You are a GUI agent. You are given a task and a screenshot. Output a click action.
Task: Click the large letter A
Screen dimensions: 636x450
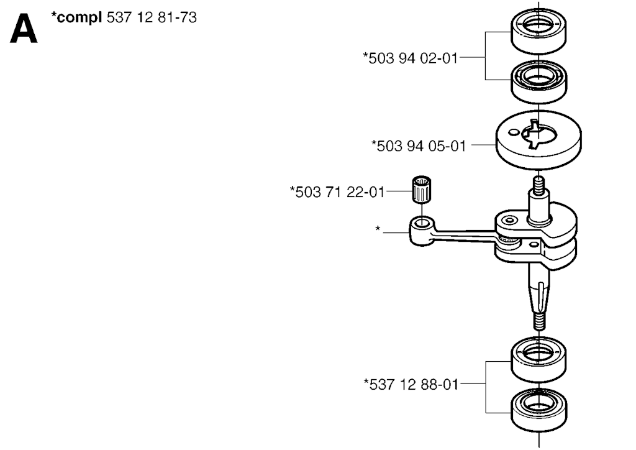(x=24, y=29)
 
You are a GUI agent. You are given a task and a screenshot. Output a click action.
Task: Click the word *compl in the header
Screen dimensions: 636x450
(x=76, y=18)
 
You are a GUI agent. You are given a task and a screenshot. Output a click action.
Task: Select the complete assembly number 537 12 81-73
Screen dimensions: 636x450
(x=152, y=17)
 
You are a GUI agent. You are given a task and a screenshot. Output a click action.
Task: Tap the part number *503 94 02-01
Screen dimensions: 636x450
(x=411, y=58)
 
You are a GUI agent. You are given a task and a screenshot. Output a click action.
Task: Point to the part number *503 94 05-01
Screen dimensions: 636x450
(x=419, y=145)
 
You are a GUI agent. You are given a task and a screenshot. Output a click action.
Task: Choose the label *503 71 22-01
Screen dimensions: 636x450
(x=337, y=191)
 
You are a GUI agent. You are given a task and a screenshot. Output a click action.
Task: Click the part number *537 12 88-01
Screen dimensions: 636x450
(x=411, y=384)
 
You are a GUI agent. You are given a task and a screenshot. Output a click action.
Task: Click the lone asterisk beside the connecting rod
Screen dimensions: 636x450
(x=378, y=229)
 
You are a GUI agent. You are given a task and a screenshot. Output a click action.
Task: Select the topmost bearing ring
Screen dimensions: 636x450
(x=538, y=31)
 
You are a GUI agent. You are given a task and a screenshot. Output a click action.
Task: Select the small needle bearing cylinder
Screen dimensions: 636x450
(x=422, y=189)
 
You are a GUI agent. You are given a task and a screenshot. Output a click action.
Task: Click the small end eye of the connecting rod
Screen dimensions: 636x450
(x=422, y=223)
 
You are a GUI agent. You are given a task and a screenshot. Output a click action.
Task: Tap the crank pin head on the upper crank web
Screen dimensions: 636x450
(x=509, y=220)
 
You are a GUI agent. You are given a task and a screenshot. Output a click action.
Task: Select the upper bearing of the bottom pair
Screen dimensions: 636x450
(x=538, y=359)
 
